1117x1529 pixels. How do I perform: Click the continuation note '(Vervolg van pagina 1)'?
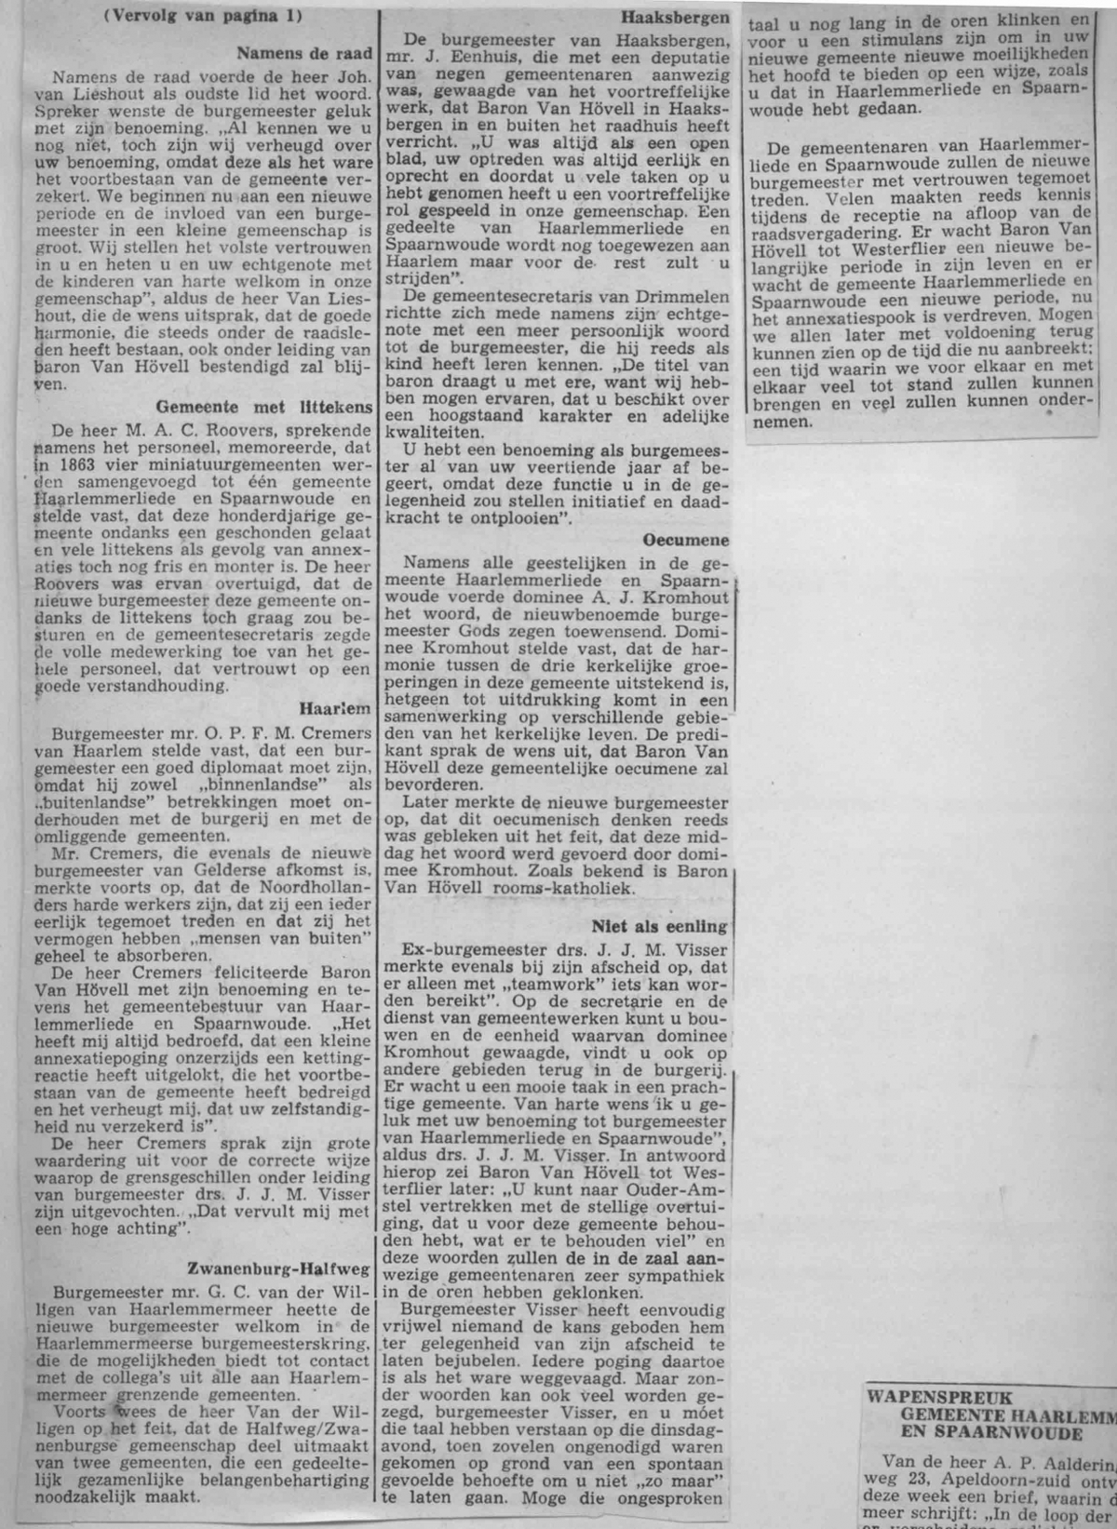tap(203, 18)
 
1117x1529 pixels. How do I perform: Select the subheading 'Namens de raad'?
tap(304, 53)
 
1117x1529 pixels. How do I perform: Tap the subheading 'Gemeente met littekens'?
tap(264, 407)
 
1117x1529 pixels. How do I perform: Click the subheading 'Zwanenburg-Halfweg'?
tap(279, 1267)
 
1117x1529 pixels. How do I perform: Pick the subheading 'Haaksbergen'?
tap(676, 18)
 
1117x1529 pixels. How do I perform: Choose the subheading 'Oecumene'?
tap(685, 540)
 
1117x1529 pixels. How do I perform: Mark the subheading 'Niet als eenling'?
tap(659, 926)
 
